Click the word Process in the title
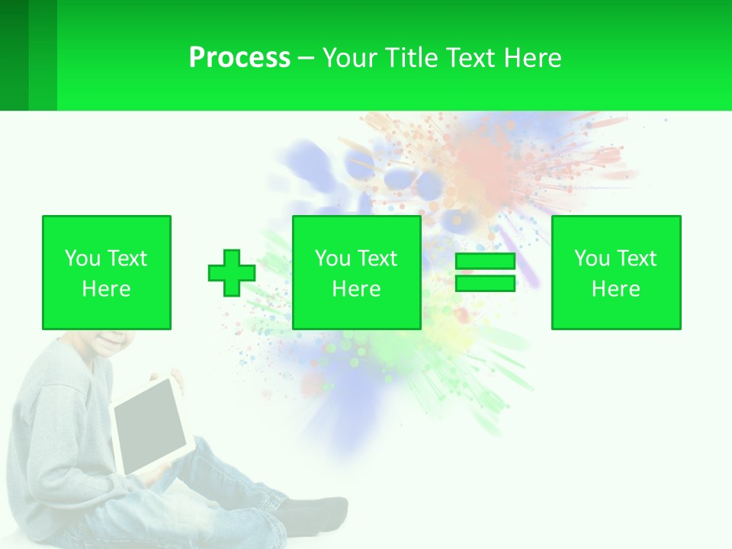[x=239, y=58]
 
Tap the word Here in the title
[x=531, y=58]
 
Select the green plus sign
[x=232, y=273]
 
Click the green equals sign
[x=485, y=273]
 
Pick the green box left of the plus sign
[x=107, y=272]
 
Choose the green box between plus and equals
[x=356, y=272]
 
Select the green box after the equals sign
[x=615, y=272]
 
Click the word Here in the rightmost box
[x=615, y=289]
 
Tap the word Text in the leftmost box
[x=127, y=258]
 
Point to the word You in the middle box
[x=332, y=258]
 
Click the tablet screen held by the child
[x=151, y=425]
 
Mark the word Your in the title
[x=349, y=58]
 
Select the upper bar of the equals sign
[x=485, y=262]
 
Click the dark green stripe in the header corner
[x=14, y=55]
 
